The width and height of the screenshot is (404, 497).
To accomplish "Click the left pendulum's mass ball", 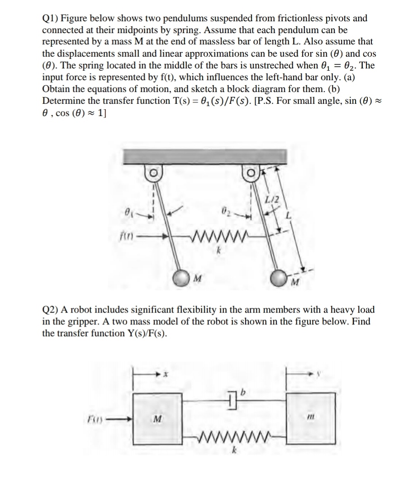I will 182,277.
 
